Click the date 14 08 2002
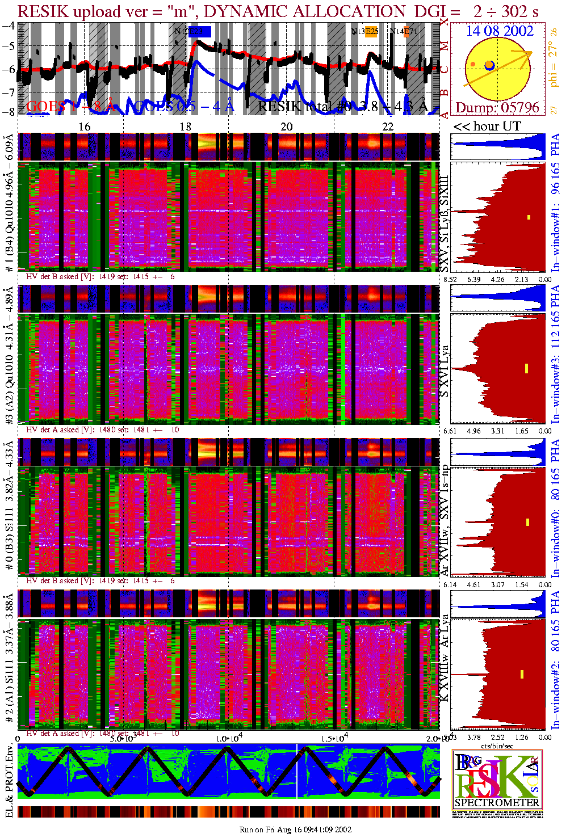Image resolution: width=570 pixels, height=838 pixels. pyautogui.click(x=500, y=31)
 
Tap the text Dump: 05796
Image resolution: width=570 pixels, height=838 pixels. pyautogui.click(x=497, y=107)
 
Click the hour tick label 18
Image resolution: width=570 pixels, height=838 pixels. pyautogui.click(x=186, y=127)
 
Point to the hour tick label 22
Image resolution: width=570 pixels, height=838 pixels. pyautogui.click(x=388, y=127)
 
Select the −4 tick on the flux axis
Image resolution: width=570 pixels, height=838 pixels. pyautogui.click(x=9, y=26)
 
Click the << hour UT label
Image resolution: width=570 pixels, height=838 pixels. pyautogui.click(x=487, y=127)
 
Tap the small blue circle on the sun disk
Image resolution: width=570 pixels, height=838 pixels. pyautogui.click(x=489, y=66)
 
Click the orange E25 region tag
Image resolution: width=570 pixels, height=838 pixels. pyautogui.click(x=371, y=32)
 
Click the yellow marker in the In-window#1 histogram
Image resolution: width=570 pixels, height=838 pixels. pyautogui.click(x=529, y=217)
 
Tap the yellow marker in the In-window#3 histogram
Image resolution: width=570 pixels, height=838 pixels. pyautogui.click(x=527, y=368)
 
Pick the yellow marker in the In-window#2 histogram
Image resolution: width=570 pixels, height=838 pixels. pyautogui.click(x=522, y=674)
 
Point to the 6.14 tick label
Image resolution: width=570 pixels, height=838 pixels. pyautogui.click(x=450, y=584)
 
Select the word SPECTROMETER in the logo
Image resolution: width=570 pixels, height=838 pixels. pyautogui.click(x=497, y=802)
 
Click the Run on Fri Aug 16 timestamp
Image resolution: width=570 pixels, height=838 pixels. pyautogui.click(x=295, y=829)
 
